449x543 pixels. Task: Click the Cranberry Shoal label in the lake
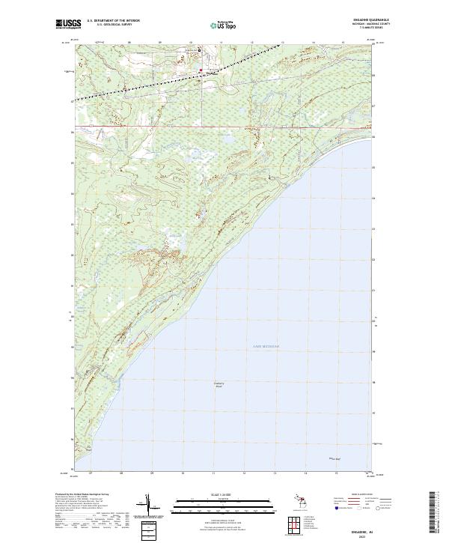pyautogui.click(x=219, y=385)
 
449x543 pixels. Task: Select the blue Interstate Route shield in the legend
pyautogui.click(x=335, y=509)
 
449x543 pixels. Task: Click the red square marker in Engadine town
pyautogui.click(x=201, y=71)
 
